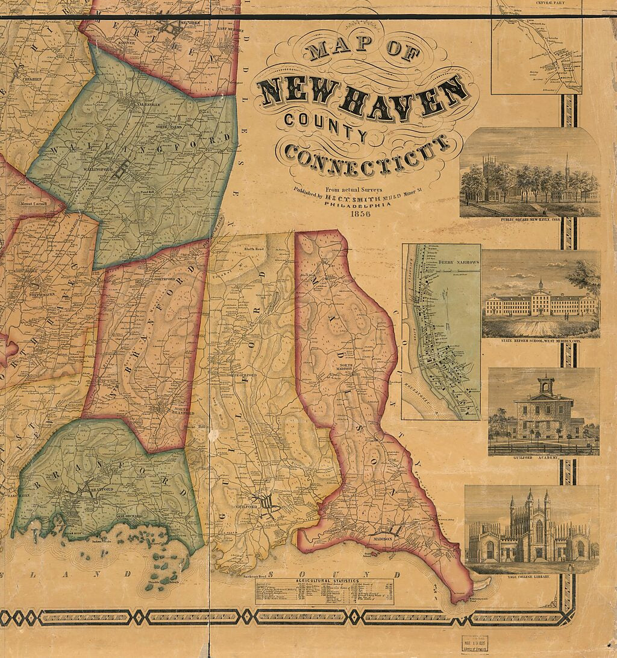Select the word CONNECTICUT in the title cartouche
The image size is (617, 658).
[368, 154]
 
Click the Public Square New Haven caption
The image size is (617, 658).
[530, 221]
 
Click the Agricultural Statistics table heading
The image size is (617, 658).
[324, 581]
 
